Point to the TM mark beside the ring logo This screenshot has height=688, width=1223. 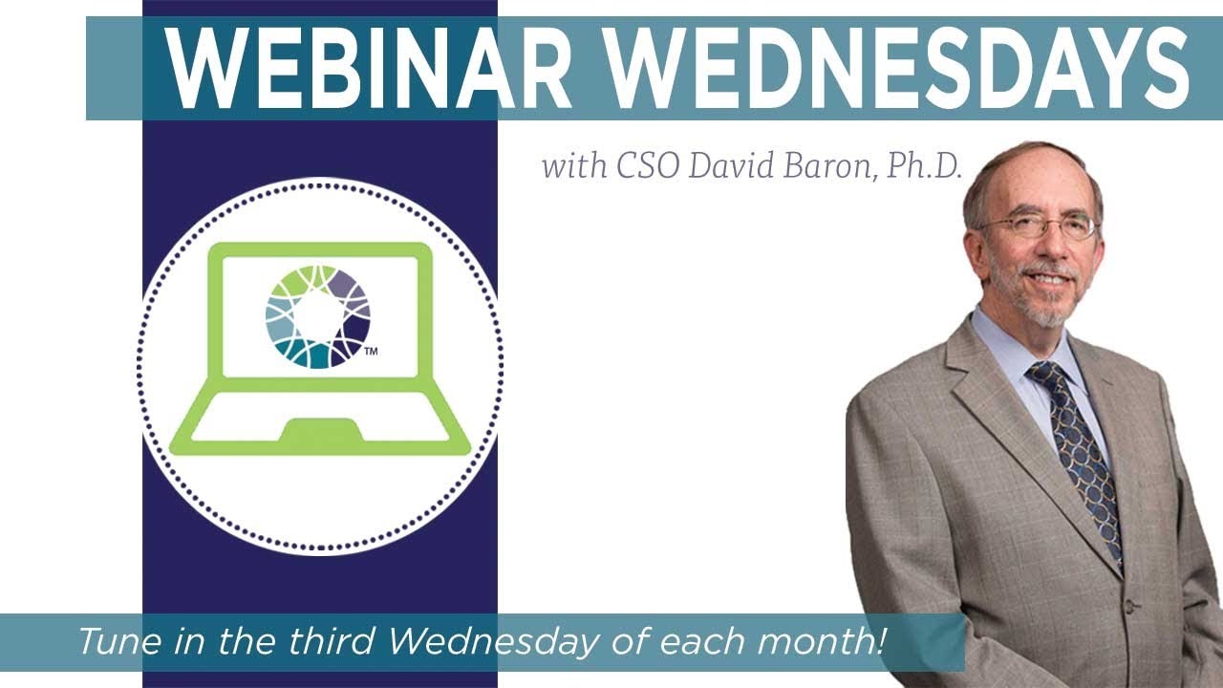(372, 352)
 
